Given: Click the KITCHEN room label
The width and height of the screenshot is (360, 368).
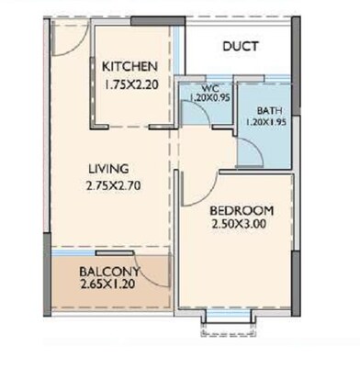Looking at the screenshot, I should (129, 67).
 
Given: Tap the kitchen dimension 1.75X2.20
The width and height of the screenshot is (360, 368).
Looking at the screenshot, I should (129, 83).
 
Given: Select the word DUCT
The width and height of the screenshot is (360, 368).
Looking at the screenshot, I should (240, 47).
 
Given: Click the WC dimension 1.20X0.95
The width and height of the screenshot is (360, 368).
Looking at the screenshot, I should (208, 97).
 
